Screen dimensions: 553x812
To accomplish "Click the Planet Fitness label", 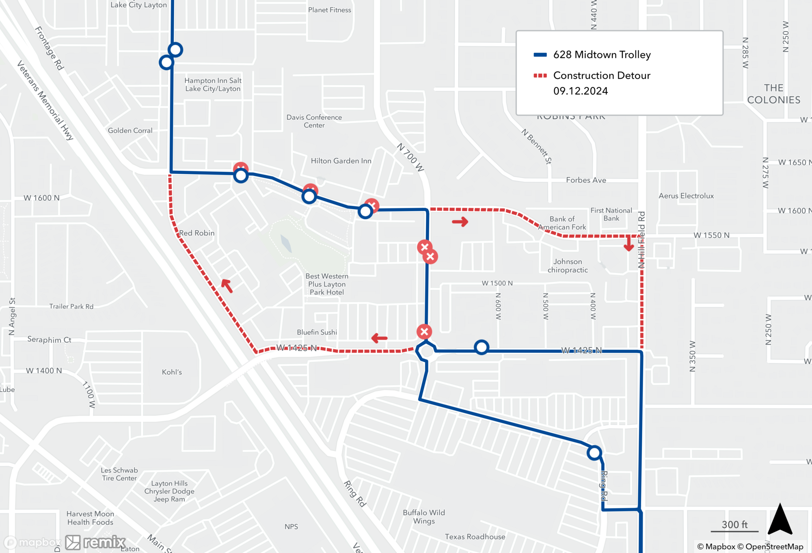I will click(x=329, y=10).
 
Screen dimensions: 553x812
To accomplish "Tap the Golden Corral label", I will click(x=130, y=130).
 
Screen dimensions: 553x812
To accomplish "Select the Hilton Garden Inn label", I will click(x=341, y=161).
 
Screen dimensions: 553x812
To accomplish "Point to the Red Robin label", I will click(x=197, y=233).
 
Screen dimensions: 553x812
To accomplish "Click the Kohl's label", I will click(x=172, y=372).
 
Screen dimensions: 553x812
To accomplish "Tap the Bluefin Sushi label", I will click(x=317, y=332).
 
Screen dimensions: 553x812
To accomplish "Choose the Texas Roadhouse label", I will click(x=475, y=537).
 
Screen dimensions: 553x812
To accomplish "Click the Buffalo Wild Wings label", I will click(x=424, y=517).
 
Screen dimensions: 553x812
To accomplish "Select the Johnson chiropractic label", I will click(x=568, y=266).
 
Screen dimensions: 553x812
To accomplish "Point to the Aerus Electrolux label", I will click(x=686, y=196).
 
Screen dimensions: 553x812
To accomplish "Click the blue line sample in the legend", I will click(x=540, y=55).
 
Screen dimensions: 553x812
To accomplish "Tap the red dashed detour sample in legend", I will click(x=540, y=76).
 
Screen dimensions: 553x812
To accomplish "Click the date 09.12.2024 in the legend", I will click(x=581, y=91).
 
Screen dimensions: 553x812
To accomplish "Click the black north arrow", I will click(x=780, y=520).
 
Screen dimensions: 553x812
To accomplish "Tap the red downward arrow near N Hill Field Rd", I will click(x=628, y=244).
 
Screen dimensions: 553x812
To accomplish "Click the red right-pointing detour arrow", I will click(x=460, y=222).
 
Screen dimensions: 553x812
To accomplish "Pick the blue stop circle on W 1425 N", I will click(x=482, y=348).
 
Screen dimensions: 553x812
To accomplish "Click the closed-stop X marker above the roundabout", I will click(x=424, y=332).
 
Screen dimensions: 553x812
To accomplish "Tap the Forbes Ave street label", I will click(x=586, y=180).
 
